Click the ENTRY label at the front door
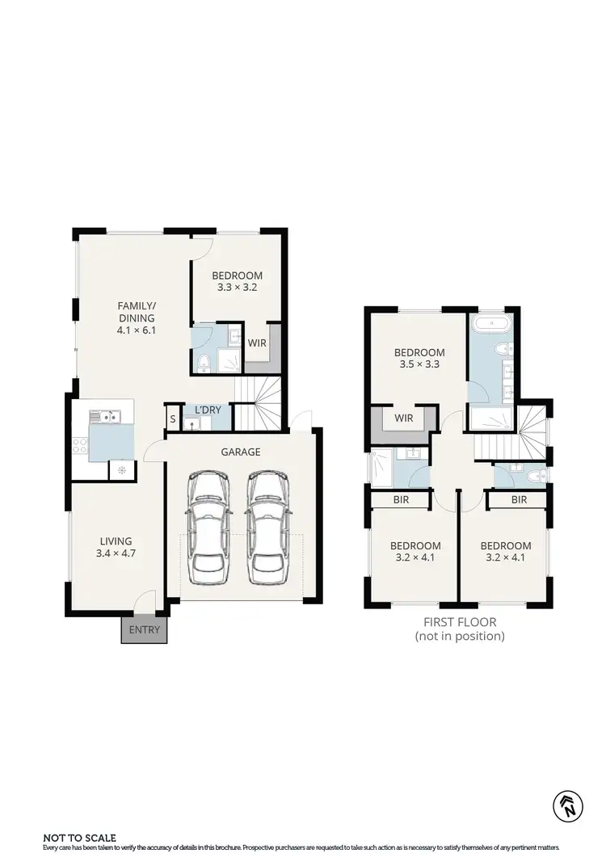[145, 630]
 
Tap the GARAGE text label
[241, 452]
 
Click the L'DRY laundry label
[208, 410]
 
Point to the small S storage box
[173, 418]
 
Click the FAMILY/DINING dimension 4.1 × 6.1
[137, 330]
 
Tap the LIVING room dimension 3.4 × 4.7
[116, 554]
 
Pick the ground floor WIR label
[257, 343]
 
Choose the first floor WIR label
[404, 418]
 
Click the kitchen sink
[105, 417]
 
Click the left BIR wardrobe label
[401, 500]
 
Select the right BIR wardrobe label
[519, 500]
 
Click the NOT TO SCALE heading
[79, 838]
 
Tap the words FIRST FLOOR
[460, 622]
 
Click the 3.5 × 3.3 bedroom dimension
[419, 365]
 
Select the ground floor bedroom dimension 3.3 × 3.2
[238, 287]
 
